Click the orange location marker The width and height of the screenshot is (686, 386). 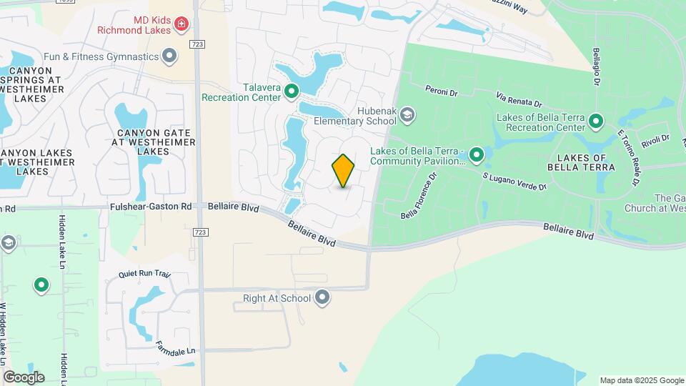[x=343, y=171]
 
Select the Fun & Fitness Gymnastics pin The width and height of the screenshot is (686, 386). [x=169, y=56]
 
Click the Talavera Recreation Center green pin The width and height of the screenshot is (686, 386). [x=292, y=91]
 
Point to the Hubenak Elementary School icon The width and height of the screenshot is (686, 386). [x=407, y=114]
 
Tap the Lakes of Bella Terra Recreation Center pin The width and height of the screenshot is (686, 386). [x=596, y=122]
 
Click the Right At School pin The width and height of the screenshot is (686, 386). [x=323, y=297]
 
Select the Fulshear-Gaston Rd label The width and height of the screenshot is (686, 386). [x=151, y=207]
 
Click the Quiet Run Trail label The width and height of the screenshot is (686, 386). [x=145, y=274]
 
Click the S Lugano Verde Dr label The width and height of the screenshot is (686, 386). [x=514, y=181]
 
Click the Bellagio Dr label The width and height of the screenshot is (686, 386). [x=595, y=66]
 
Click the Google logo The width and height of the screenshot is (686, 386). [x=23, y=377]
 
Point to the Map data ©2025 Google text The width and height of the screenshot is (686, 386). [x=641, y=380]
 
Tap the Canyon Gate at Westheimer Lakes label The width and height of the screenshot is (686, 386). [x=154, y=142]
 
